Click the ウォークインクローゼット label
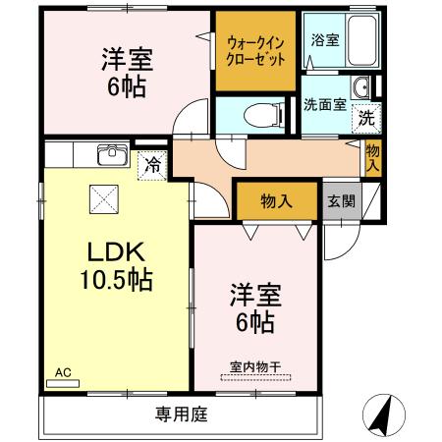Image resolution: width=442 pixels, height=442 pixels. pyautogui.click(x=256, y=51)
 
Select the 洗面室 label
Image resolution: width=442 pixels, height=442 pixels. pyautogui.click(x=324, y=105)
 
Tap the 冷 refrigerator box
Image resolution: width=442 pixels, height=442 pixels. pyautogui.click(x=152, y=166)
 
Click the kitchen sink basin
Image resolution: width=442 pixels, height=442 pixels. pyautogui.click(x=110, y=155)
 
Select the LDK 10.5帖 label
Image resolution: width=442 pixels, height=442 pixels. pyautogui.click(x=116, y=265)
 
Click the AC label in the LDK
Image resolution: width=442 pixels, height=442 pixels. pyautogui.click(x=63, y=372)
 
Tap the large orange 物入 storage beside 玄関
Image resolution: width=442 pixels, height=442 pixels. pyautogui.click(x=277, y=201)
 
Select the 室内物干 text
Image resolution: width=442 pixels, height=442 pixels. pyautogui.click(x=255, y=367)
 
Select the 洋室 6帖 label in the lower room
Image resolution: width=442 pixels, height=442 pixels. pyautogui.click(x=253, y=306)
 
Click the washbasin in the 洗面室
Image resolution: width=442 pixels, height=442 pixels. pyautogui.click(x=363, y=89)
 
